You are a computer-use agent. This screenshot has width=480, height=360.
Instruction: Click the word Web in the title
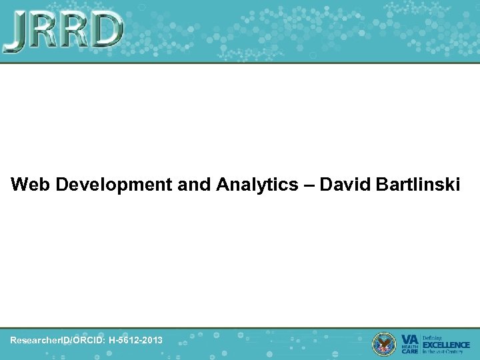[31, 184]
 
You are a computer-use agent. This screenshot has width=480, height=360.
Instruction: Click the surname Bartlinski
[414, 184]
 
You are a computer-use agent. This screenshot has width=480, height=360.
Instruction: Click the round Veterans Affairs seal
[384, 343]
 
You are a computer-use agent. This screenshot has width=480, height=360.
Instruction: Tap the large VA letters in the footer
[410, 339]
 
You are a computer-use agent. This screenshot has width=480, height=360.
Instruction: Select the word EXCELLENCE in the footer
[447, 345]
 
